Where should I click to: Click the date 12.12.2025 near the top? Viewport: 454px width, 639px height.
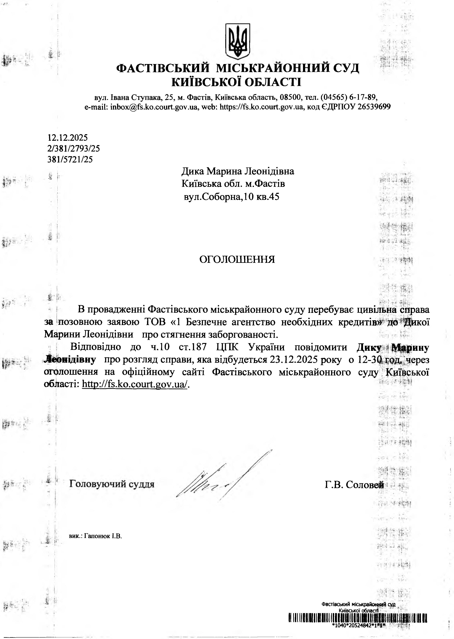[x=68, y=137]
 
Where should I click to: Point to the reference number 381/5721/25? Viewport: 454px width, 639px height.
[x=70, y=159]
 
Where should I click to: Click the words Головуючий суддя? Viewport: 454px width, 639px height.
[x=112, y=483]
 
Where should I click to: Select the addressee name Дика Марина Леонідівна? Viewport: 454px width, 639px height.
[x=238, y=171]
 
